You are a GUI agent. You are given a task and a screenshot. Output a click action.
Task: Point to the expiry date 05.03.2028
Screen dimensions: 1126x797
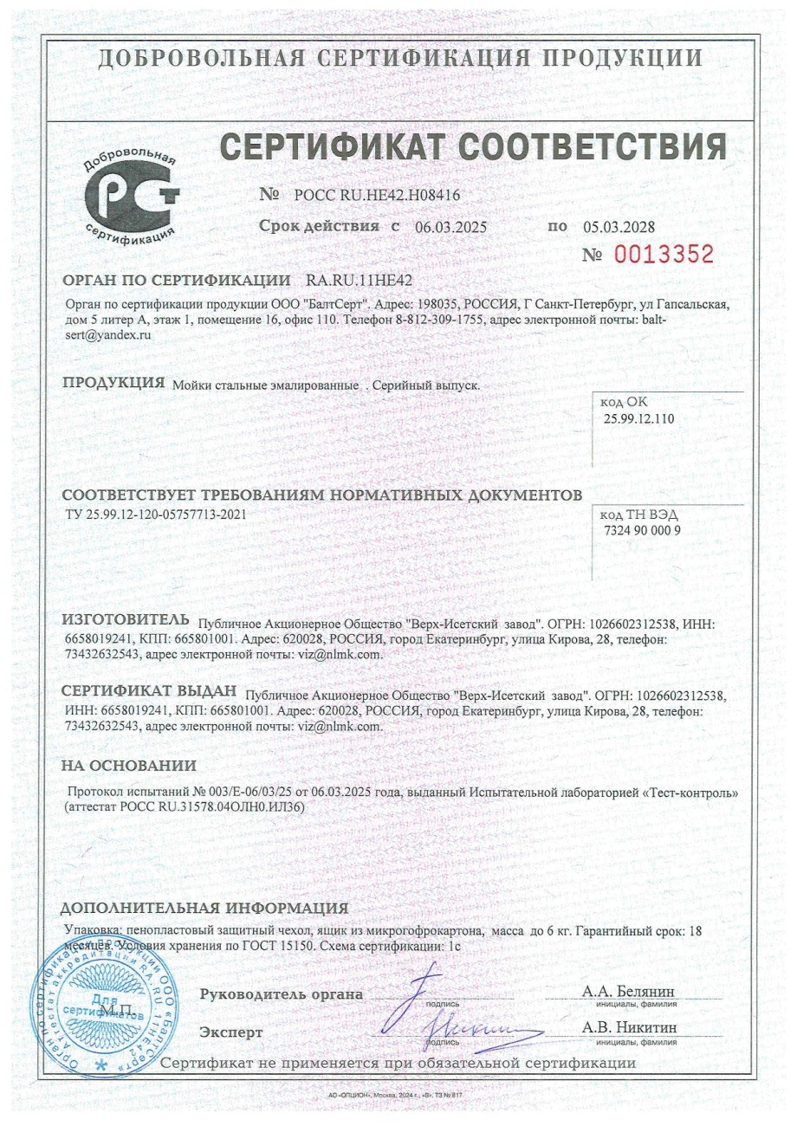point(619,228)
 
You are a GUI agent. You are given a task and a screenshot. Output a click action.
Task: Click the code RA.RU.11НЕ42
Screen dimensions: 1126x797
point(359,281)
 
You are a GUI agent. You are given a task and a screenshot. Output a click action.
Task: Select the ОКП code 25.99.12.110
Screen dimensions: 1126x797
point(638,419)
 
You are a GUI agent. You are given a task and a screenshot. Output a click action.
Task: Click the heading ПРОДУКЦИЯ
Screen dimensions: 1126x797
point(113,383)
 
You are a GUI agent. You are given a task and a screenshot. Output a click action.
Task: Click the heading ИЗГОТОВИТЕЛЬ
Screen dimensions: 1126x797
point(125,620)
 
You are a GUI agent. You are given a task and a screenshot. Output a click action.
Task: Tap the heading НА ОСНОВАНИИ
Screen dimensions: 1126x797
point(128,766)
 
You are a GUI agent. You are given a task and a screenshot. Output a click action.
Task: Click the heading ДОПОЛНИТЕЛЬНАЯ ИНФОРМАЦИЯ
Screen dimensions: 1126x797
point(204,909)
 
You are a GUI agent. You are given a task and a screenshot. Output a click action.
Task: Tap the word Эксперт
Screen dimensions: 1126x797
point(230,1032)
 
